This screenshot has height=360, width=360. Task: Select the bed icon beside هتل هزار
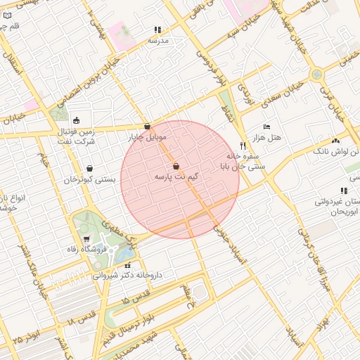[266, 127]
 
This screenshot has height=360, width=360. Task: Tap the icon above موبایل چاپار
[147, 127]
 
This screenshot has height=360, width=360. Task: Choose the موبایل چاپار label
[145, 137]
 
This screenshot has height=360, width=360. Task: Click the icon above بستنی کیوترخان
[90, 169]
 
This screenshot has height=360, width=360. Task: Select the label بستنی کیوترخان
[89, 180]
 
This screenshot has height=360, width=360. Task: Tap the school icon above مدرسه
[157, 30]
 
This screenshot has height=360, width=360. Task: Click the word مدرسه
[159, 41]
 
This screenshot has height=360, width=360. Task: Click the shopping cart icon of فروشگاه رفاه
[86, 240]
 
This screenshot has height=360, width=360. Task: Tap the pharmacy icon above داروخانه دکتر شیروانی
[127, 265]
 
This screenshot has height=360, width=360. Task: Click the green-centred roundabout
[317, 73]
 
